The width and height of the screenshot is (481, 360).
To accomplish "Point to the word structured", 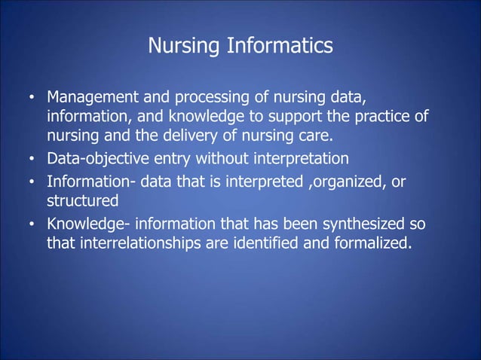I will pyautogui.click(x=83, y=201).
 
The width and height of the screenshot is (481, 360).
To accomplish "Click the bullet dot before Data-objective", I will pyautogui.click(x=32, y=160).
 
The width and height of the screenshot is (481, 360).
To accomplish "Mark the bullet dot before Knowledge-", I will pyautogui.click(x=32, y=224).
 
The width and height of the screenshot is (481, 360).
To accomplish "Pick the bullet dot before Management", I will pyautogui.click(x=32, y=99).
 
